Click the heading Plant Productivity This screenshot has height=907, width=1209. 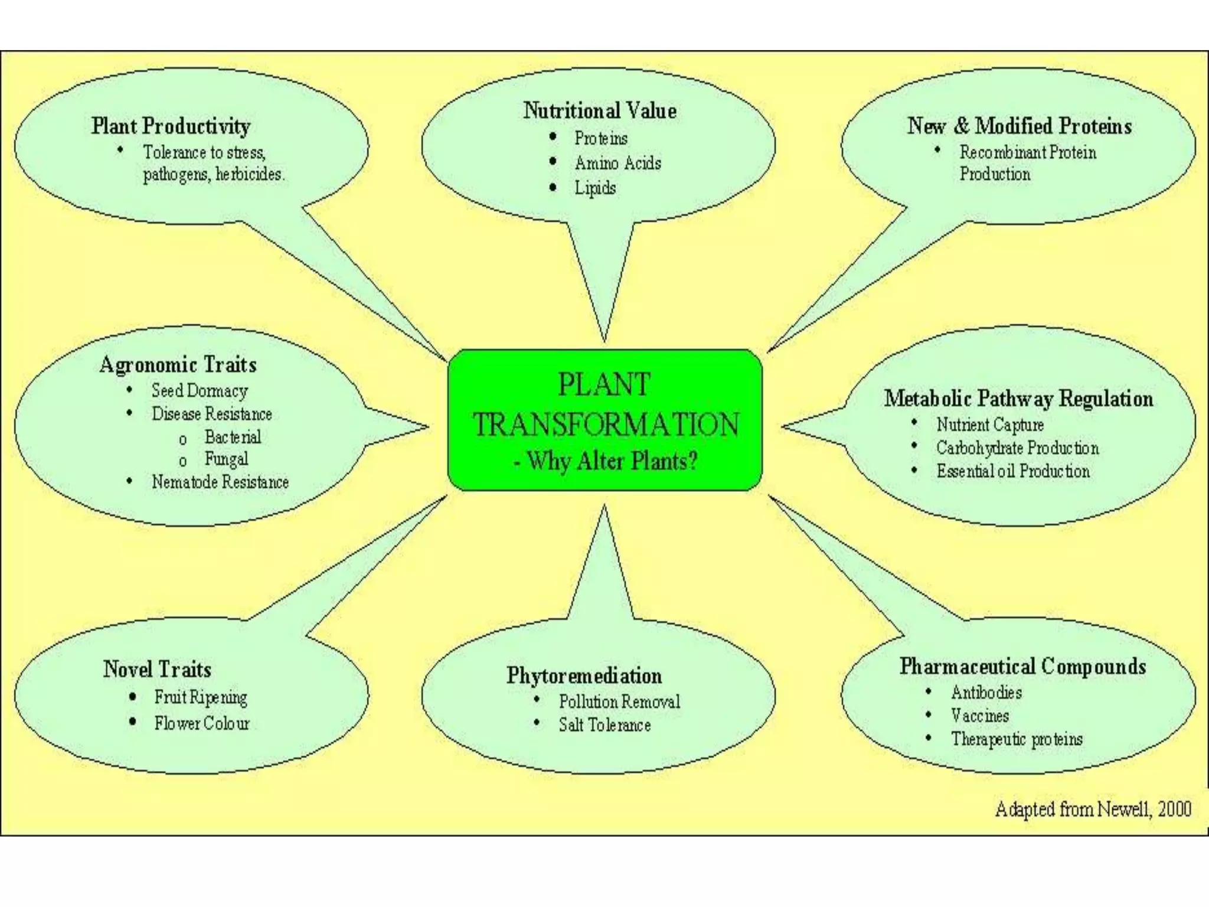pyautogui.click(x=171, y=126)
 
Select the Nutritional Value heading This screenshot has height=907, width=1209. pyautogui.click(x=600, y=110)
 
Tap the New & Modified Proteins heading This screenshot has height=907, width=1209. pyautogui.click(x=1020, y=126)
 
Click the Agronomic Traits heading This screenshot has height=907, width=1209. pyautogui.click(x=178, y=364)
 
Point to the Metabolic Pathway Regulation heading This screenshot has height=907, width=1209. pyautogui.click(x=1018, y=399)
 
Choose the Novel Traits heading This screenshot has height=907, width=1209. pyautogui.click(x=157, y=669)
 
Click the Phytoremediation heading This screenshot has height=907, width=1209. pyautogui.click(x=584, y=676)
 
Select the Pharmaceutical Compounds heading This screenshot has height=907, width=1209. pyautogui.click(x=1022, y=666)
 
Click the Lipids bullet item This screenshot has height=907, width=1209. pyautogui.click(x=595, y=188)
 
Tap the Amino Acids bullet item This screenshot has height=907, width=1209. pyautogui.click(x=617, y=163)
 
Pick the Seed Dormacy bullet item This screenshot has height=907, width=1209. pyautogui.click(x=200, y=390)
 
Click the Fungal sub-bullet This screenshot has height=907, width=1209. pyautogui.click(x=226, y=459)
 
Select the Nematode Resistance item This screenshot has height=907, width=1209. pyautogui.click(x=220, y=482)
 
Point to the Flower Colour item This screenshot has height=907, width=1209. pyautogui.click(x=202, y=723)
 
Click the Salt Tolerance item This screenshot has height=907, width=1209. pyautogui.click(x=604, y=725)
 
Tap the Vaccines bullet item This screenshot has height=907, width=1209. pyautogui.click(x=980, y=716)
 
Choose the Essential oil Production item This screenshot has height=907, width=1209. pyautogui.click(x=1013, y=471)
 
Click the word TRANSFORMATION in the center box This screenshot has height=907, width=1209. pyautogui.click(x=606, y=425)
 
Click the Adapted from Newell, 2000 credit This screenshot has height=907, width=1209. pyautogui.click(x=1093, y=809)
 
